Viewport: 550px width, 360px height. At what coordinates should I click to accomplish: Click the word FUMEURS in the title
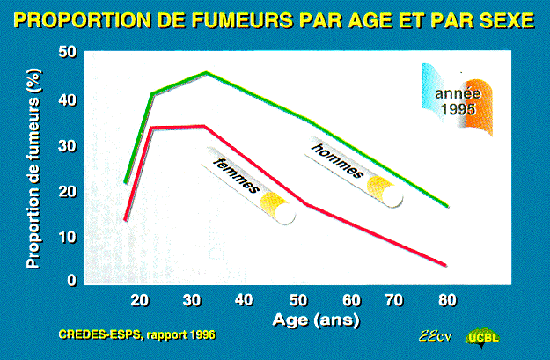241,21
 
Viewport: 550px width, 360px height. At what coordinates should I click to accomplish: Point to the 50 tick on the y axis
68,52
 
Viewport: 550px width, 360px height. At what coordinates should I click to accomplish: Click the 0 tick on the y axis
72,281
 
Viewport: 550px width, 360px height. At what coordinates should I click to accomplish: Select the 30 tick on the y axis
68,145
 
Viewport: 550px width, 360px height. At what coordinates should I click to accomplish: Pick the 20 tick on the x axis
140,301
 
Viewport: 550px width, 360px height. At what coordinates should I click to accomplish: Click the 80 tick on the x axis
448,301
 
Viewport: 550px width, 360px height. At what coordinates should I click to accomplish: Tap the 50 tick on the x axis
298,301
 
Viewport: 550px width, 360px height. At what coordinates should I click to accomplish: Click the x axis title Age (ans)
316,320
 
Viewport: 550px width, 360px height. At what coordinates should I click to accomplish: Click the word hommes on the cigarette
337,160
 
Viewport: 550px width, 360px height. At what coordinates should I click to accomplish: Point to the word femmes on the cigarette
237,175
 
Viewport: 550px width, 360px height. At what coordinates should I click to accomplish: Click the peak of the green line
206,73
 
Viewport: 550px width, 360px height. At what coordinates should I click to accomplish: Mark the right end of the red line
445,265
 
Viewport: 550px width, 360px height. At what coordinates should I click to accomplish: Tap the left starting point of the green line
126,182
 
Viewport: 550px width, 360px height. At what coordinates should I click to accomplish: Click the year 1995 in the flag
458,109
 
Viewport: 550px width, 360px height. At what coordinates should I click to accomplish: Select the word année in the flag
458,93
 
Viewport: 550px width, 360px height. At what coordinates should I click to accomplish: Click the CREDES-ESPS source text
136,334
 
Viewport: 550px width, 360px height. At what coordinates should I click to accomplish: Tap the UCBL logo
482,337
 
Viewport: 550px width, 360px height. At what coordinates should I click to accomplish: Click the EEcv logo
436,337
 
